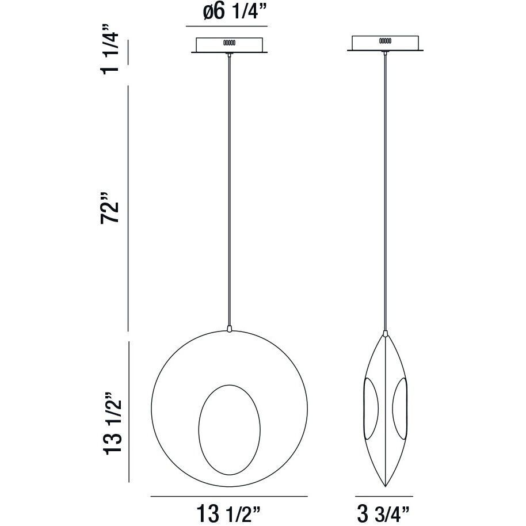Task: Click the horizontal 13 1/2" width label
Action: coord(229,512)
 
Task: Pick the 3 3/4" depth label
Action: coord(384,512)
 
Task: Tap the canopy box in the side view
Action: coord(384,43)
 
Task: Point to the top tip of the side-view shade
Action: coord(384,334)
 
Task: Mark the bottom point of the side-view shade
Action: coord(384,485)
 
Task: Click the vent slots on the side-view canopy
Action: coord(385,41)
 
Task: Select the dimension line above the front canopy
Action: coord(227,26)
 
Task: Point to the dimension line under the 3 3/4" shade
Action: coord(384,496)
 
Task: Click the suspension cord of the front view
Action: coord(229,190)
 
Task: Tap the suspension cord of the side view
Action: coord(384,190)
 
